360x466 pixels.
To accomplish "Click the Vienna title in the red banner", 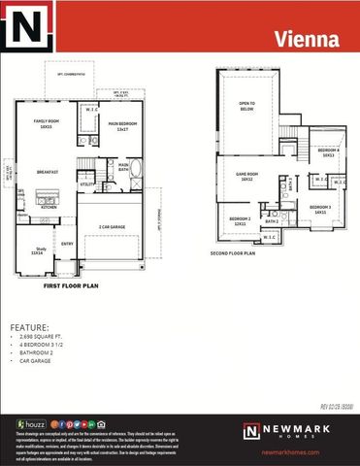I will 306,40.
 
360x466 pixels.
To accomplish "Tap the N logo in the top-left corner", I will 26,27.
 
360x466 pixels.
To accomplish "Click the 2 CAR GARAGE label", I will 113,226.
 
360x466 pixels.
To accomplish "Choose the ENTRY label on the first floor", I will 67,243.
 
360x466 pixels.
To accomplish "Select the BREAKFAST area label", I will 48,171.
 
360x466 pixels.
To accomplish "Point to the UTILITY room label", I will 86,183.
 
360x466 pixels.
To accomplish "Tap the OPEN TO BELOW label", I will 246,107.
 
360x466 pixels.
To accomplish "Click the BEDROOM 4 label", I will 329,152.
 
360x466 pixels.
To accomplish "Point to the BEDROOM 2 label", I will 240,220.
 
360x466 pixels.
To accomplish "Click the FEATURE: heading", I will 30,327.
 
